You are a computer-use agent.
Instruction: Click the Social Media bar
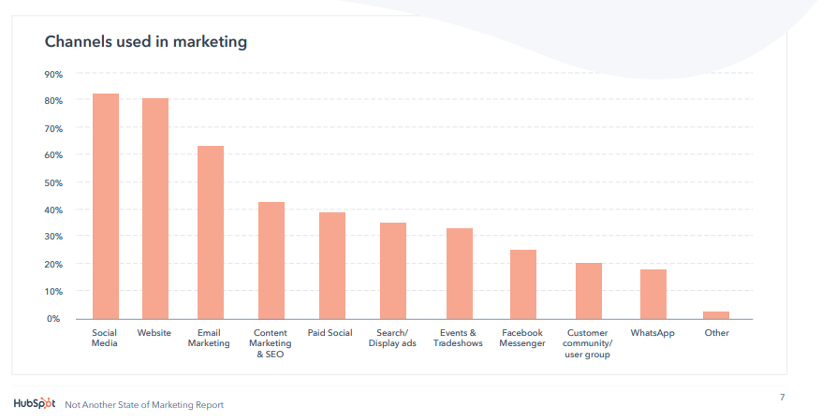(105, 206)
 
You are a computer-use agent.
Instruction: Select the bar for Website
(154, 209)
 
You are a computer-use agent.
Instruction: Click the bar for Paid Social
(332, 266)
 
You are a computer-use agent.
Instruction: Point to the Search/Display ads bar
(392, 270)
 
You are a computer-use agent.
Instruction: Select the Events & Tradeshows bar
(459, 273)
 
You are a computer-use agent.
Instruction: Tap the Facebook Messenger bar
(522, 284)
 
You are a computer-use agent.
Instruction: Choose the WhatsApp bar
(652, 294)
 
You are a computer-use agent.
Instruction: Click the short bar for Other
(716, 315)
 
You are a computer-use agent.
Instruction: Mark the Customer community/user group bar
(588, 291)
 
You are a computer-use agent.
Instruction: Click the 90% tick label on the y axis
(53, 74)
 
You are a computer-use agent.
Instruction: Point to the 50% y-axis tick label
(53, 182)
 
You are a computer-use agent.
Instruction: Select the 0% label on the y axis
(55, 319)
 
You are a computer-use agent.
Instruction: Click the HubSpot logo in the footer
(35, 404)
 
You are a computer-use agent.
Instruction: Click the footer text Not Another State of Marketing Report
(144, 405)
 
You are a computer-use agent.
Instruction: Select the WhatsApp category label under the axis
(652, 333)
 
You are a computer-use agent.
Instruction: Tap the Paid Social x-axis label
(330, 333)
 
